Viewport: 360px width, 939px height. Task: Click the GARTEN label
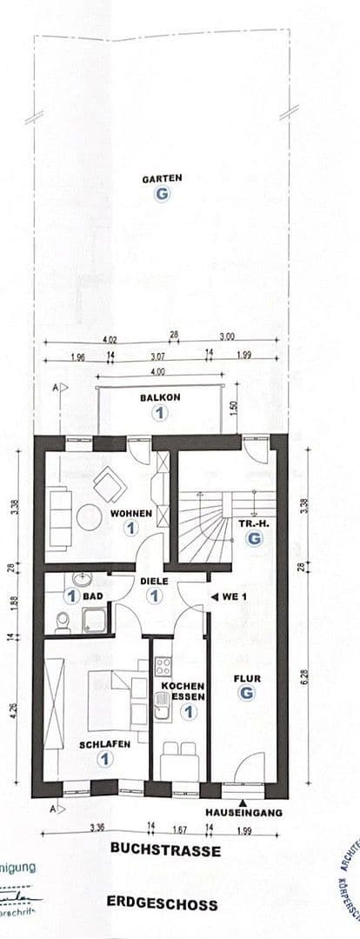point(162,178)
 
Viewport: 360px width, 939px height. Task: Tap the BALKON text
point(159,397)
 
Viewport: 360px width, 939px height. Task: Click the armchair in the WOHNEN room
point(110,484)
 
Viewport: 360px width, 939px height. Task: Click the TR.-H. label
point(253,524)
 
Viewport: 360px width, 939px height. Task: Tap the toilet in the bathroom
point(63,621)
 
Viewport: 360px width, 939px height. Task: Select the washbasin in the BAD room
point(82,578)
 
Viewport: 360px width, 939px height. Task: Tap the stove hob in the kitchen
point(162,668)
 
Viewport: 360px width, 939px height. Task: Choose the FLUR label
point(247,678)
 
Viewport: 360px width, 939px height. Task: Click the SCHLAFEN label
point(104,744)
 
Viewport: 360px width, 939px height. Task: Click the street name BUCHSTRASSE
point(165,850)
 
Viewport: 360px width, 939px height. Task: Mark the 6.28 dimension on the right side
point(302,676)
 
